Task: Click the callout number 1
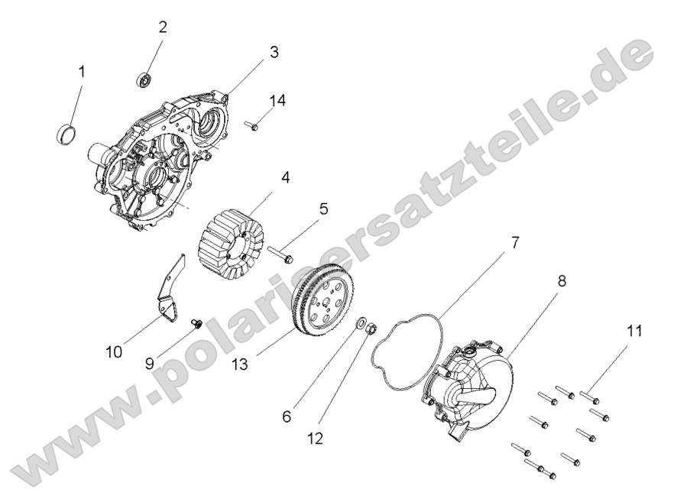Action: tap(82, 72)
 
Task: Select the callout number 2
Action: tap(163, 27)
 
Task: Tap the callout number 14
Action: tap(277, 100)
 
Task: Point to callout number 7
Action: tap(515, 243)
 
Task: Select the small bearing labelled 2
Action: tap(143, 78)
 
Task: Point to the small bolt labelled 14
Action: tap(253, 124)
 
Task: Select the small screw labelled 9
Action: tap(196, 325)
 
